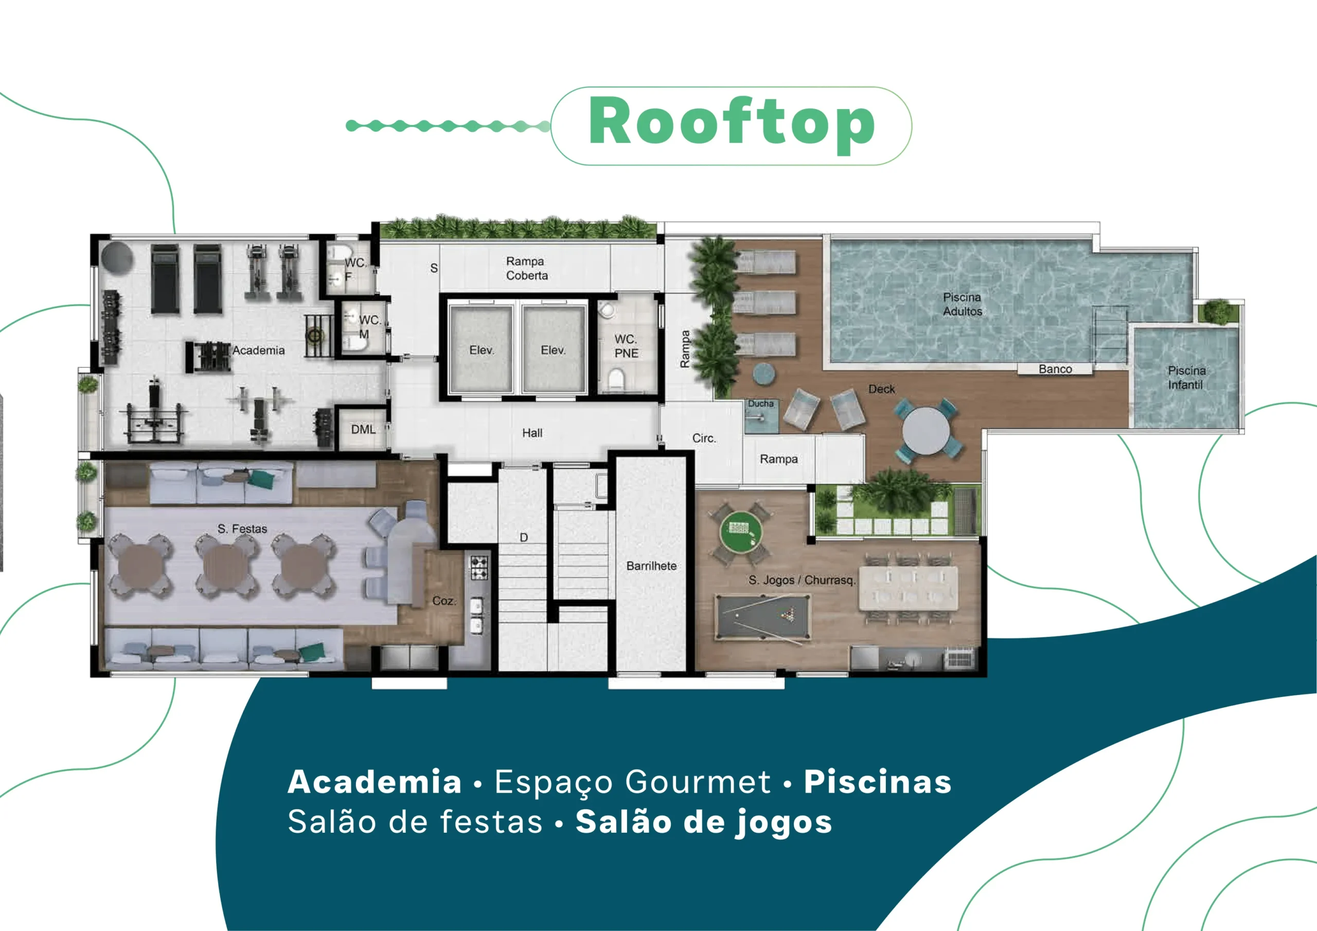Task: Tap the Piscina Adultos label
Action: pos(963,304)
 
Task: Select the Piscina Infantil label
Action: pos(1187,378)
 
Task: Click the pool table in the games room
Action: pos(763,617)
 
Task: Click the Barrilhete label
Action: pos(651,566)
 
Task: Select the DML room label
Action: pos(363,429)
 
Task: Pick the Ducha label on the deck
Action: pos(760,403)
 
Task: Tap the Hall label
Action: pos(532,433)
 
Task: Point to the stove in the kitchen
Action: pos(479,567)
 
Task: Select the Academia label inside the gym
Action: pos(258,350)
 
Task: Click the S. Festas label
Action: pos(242,528)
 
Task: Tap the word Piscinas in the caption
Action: pos(878,781)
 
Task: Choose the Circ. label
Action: pos(704,438)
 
